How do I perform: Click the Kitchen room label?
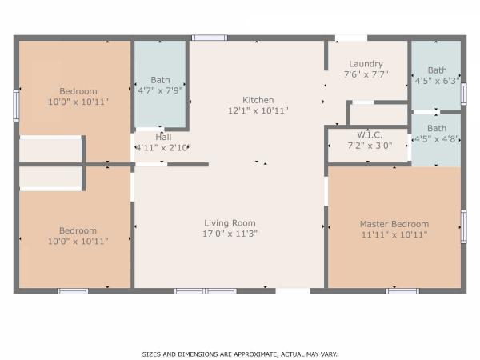[258, 100]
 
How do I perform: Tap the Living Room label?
[230, 223]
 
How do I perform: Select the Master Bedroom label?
[394, 224]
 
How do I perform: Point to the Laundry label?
[366, 64]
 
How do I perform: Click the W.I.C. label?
[370, 134]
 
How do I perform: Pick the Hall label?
[163, 137]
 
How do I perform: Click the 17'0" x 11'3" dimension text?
[230, 234]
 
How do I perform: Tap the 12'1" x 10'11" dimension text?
[258, 110]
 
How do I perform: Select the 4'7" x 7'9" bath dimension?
[161, 90]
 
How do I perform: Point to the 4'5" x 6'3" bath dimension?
[437, 81]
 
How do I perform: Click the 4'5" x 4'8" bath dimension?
[437, 139]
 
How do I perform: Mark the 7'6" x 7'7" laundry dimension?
[366, 74]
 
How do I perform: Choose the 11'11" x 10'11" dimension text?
[394, 234]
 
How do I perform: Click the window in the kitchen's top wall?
[210, 38]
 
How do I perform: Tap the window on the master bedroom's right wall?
[464, 227]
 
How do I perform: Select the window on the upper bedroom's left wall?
[16, 106]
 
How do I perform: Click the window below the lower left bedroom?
[73, 291]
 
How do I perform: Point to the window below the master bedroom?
[402, 291]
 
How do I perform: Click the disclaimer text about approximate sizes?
[240, 354]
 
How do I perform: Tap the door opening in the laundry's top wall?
[351, 38]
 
